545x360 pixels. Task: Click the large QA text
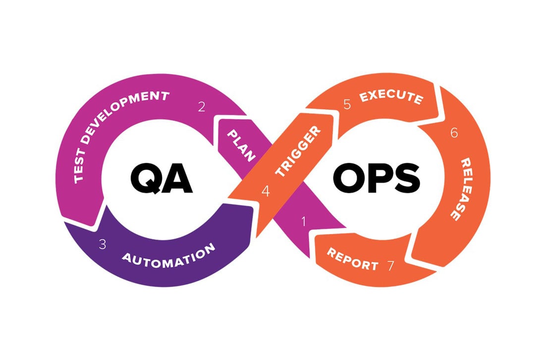(162, 179)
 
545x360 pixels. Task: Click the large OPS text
(377, 178)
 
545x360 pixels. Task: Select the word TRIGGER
(298, 151)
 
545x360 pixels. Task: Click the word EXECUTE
(391, 96)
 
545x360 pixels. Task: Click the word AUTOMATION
(168, 256)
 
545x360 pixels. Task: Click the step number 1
(304, 221)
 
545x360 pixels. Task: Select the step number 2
(202, 107)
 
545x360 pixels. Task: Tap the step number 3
(102, 244)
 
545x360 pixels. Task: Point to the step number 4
(266, 191)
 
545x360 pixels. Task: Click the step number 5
(347, 104)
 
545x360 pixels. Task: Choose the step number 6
(454, 132)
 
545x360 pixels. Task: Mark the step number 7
(391, 265)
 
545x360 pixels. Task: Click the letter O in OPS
(348, 178)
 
